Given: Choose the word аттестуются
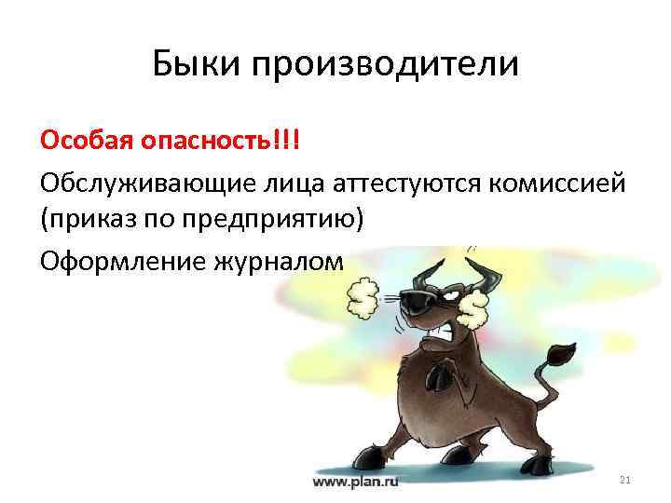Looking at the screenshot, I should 399,184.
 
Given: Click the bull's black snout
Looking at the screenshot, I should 416,301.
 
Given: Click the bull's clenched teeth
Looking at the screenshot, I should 440,328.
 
